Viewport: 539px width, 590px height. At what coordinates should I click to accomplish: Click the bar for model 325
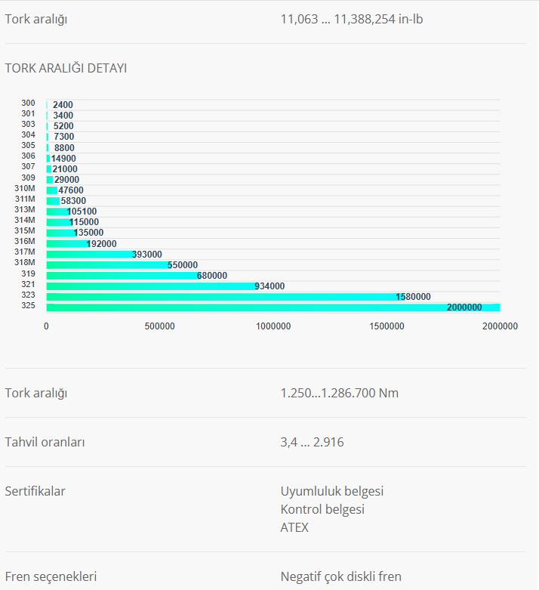pos(272,307)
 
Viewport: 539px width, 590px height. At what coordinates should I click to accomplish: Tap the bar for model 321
pos(151,286)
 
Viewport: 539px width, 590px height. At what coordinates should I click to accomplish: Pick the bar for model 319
pos(121,276)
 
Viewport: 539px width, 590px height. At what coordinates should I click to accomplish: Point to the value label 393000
pos(147,255)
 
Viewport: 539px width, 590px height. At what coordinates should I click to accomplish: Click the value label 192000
pos(102,244)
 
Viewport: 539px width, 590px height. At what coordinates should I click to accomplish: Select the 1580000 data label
pos(413,297)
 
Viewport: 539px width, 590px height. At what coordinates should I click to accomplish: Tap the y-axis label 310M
pos(25,188)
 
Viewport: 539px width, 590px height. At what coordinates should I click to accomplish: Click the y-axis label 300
pos(29,103)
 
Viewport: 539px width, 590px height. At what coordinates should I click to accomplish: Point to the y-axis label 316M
pos(25,242)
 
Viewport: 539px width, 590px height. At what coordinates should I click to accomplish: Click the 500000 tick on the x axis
pos(160,326)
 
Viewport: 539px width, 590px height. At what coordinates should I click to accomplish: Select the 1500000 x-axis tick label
pos(387,326)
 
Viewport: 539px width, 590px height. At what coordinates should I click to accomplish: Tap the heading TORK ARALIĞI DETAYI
pos(66,68)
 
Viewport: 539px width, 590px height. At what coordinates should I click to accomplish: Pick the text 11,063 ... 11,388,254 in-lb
pos(352,19)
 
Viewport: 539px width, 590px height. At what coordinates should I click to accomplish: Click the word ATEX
pos(294,527)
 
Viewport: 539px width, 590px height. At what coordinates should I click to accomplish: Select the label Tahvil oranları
pos(45,442)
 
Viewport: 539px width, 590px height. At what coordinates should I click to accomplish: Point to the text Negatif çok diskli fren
pos(341,576)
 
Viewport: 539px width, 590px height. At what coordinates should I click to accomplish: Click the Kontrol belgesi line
pos(322,509)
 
